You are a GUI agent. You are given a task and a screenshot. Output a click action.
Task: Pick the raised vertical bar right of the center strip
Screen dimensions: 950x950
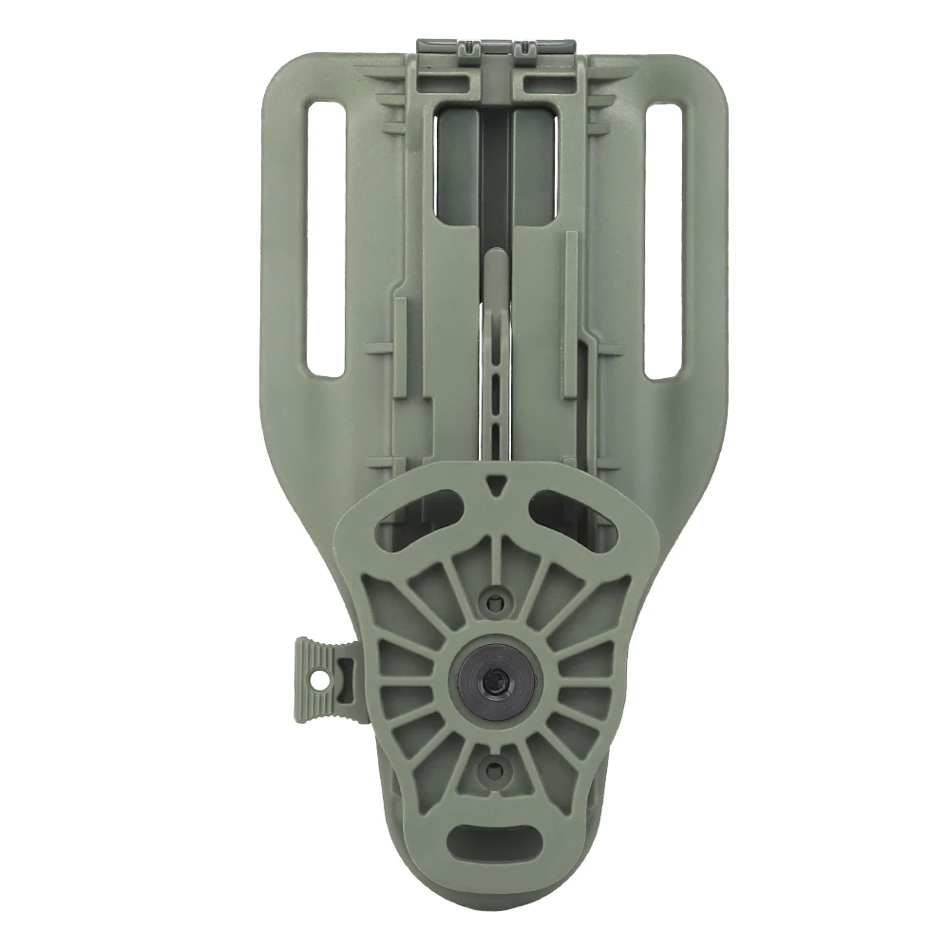(569, 313)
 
